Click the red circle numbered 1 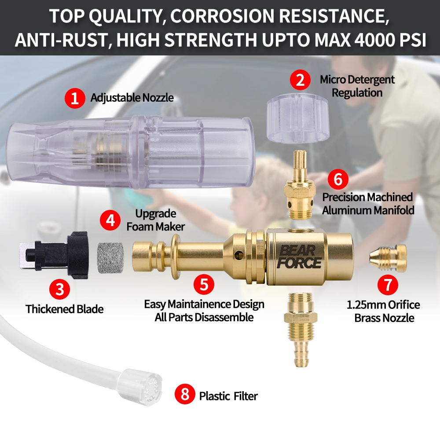click(x=75, y=98)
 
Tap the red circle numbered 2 click(x=300, y=80)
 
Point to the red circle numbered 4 click(x=110, y=220)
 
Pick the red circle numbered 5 click(x=204, y=285)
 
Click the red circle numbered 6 click(x=338, y=179)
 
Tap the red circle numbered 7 click(x=388, y=285)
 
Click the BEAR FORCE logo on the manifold click(x=299, y=257)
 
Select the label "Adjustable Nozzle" click(x=132, y=98)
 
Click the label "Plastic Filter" click(x=228, y=396)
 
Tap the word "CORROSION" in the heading click(x=221, y=16)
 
